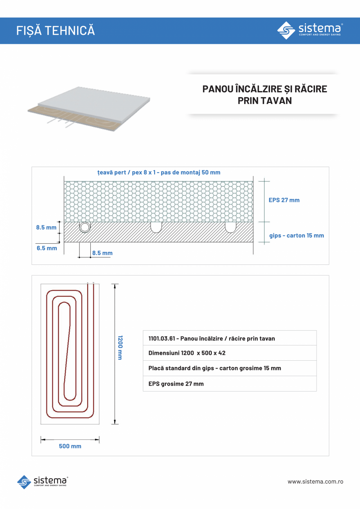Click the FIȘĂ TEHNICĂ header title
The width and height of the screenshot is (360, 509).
click(x=56, y=31)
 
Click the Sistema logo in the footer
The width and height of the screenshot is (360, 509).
click(x=43, y=482)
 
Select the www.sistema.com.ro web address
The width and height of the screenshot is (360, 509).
click(x=315, y=482)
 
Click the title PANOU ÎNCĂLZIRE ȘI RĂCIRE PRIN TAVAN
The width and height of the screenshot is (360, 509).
click(x=265, y=95)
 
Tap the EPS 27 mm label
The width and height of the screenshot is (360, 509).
click(x=284, y=200)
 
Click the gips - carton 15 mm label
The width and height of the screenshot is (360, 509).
click(x=296, y=236)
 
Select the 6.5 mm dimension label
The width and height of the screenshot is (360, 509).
click(x=47, y=248)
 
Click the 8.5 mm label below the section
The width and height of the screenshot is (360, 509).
click(x=103, y=253)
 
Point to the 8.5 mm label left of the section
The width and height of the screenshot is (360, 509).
click(x=46, y=227)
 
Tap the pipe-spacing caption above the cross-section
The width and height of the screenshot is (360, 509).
click(x=158, y=173)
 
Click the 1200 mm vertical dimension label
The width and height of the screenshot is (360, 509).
click(x=120, y=347)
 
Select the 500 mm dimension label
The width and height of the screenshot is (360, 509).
click(x=70, y=446)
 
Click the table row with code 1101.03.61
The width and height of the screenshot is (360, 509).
click(x=229, y=338)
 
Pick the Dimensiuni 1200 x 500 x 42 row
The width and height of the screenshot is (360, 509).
click(x=229, y=353)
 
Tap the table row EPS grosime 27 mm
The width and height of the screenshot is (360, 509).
click(x=229, y=384)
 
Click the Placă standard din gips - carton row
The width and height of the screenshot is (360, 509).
click(x=229, y=368)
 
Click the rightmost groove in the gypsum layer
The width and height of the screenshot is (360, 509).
click(x=230, y=227)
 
